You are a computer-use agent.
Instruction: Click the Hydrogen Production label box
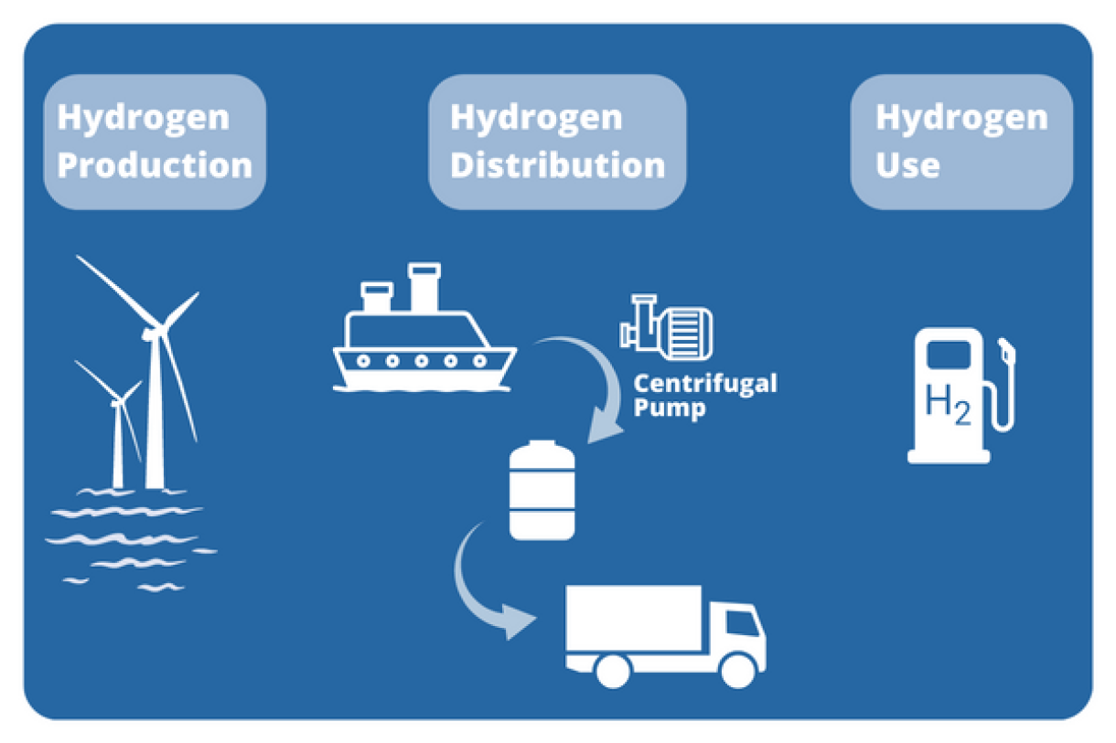coord(154,142)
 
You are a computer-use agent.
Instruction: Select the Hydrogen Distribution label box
coord(557,142)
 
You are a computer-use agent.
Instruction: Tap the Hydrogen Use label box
coord(960,142)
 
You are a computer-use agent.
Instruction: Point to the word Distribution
coord(557,165)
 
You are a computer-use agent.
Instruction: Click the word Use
coord(907,165)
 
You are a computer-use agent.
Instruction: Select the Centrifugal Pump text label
coord(704,394)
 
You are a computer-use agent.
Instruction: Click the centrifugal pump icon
coord(665,327)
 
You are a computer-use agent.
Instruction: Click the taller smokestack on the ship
coord(424,287)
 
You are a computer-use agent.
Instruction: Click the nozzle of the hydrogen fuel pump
coord(1006,352)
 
